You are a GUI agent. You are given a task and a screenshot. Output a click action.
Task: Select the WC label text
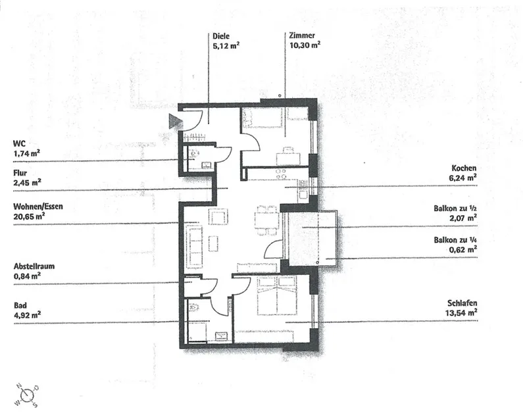(18, 142)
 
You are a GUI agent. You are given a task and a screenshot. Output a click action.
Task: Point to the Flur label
(20, 172)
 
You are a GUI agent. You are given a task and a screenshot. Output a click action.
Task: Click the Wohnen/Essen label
(37, 206)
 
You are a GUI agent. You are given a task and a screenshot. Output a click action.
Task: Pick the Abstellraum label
(33, 266)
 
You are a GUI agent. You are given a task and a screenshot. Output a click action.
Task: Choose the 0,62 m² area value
(464, 249)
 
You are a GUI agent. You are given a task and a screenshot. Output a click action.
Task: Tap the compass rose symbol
(28, 395)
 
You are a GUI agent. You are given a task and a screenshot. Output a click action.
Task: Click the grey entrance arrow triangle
(174, 121)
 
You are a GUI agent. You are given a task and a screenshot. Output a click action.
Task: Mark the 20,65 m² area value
(28, 215)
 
